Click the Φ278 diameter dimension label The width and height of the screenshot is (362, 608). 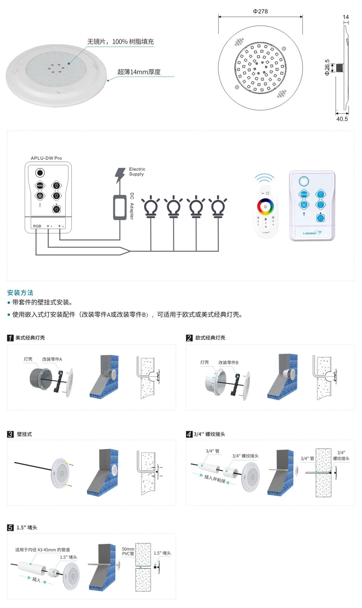coord(260,11)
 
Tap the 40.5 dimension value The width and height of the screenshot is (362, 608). coord(342,119)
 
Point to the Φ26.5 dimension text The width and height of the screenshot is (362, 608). coord(327,67)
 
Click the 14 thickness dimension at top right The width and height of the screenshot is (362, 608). coord(346,17)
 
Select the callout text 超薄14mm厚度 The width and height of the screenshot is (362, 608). coord(139,72)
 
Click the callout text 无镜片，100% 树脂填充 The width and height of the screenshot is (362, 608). coord(120,42)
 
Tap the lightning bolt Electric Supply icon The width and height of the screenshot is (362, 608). coord(120,175)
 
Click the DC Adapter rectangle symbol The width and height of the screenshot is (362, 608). coord(120,207)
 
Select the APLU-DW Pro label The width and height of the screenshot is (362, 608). coord(46,158)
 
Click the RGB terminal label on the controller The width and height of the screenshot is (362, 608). coord(37,226)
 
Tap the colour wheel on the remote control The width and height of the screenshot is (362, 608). coord(265,207)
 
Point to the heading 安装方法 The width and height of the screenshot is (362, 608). coord(20,293)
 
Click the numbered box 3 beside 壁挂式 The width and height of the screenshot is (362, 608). coord(10,434)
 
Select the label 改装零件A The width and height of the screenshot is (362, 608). coord(52,359)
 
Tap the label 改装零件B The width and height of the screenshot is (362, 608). coord(228,362)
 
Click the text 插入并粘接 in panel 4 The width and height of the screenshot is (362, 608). coord(214,479)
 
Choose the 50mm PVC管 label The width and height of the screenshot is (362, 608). coord(128,551)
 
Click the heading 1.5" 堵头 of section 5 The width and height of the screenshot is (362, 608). coord(27,528)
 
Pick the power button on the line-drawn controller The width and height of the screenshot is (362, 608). coord(56,209)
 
